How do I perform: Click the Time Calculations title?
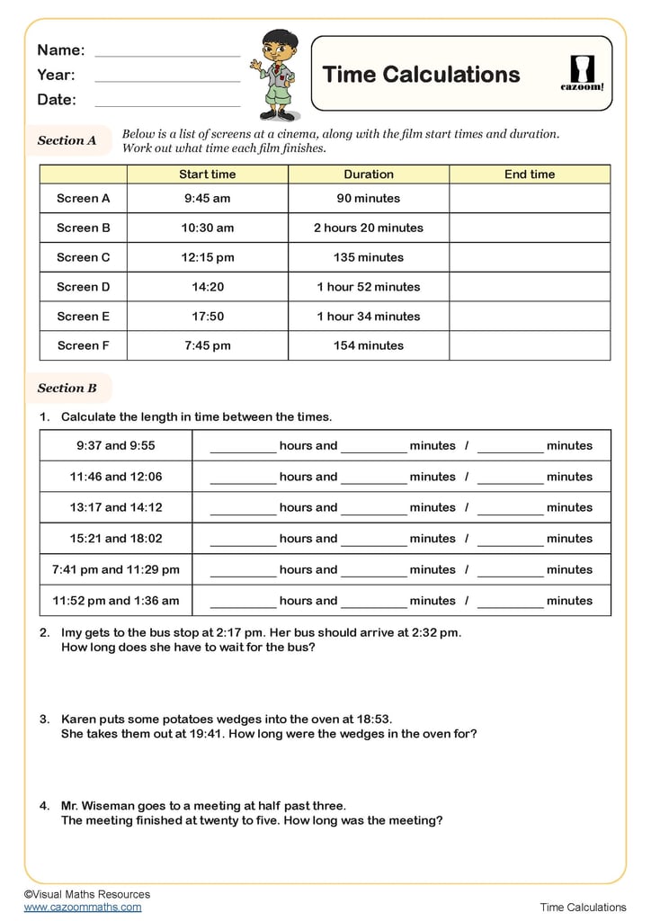pos(421,75)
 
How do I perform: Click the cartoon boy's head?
pos(280,45)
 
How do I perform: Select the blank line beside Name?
pos(167,50)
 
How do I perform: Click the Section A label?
pos(67,140)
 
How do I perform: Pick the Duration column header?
pos(369,174)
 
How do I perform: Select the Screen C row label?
pos(83,257)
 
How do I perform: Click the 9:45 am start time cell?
pos(207,199)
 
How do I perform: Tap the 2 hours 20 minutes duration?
pos(369,228)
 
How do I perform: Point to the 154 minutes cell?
pos(369,345)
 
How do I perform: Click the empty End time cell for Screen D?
pos(530,287)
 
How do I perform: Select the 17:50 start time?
pos(207,317)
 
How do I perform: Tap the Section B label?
pos(67,389)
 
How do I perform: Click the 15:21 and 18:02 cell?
pos(116,539)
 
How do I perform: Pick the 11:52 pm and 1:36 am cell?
pos(116,601)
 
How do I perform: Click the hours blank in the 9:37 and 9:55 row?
pos(243,447)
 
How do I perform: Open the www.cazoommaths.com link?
pos(83,907)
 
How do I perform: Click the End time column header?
pos(530,174)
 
